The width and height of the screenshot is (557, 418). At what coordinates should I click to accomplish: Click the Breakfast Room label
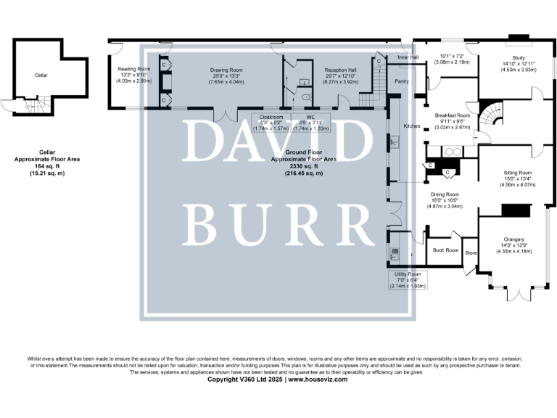[452, 115]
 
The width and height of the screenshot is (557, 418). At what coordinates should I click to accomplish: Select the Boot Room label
[446, 250]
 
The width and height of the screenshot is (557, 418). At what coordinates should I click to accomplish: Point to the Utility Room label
[407, 274]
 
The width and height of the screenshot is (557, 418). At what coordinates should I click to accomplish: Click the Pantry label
[402, 81]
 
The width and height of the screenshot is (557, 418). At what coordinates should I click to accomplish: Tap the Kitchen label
[412, 126]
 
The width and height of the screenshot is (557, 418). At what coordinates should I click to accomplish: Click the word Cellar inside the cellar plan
[41, 75]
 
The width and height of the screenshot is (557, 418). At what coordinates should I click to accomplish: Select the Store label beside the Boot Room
[471, 253]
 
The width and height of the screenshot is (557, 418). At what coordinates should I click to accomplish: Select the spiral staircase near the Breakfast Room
[495, 115]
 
